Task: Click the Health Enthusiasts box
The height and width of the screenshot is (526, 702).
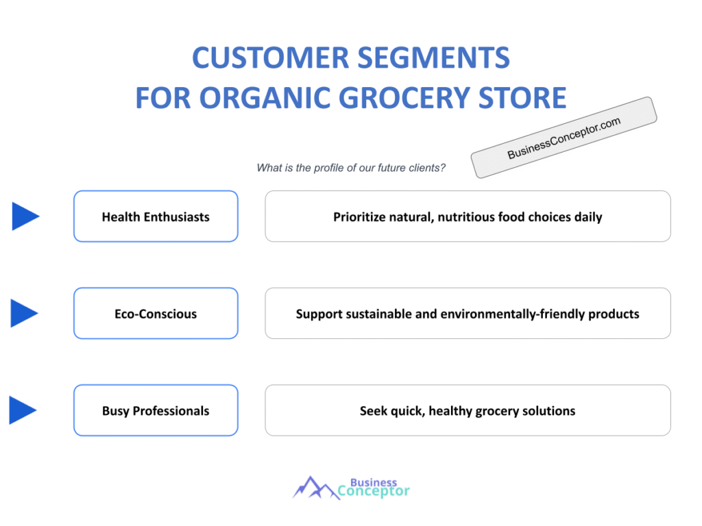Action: tap(156, 216)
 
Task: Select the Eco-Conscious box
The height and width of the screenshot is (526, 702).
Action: tap(156, 314)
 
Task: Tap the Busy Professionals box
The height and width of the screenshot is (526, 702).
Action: tap(156, 411)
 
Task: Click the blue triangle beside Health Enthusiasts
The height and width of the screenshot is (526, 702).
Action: tap(25, 216)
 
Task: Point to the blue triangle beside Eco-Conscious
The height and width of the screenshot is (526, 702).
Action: tap(24, 313)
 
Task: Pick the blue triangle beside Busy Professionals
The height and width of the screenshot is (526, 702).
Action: tap(23, 410)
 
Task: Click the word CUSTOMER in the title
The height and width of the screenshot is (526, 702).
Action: tap(270, 58)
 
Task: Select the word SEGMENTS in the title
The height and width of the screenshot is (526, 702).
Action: tap(434, 58)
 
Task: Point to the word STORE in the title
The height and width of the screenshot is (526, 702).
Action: tap(522, 98)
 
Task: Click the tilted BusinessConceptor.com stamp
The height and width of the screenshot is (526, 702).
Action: tap(564, 137)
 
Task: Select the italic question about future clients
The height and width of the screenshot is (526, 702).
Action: tap(351, 168)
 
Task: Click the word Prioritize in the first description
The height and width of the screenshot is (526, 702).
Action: tap(359, 217)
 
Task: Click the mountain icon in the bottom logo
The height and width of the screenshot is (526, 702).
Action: tap(315, 488)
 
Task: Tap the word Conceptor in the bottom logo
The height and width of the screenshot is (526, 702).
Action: tap(374, 491)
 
